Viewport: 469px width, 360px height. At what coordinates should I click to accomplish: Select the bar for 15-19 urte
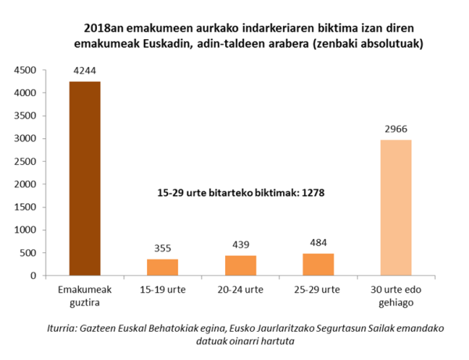(x=163, y=267)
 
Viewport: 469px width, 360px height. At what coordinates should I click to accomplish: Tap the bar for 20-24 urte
(x=241, y=266)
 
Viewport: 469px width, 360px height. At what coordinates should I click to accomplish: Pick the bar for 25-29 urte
(x=318, y=265)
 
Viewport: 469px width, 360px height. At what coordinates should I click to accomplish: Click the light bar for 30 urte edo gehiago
(x=396, y=208)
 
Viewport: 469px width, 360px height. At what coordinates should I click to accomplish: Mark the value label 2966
(x=396, y=130)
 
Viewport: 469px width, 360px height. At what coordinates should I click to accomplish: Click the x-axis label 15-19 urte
(x=163, y=289)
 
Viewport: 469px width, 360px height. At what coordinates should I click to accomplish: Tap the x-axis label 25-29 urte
(x=318, y=289)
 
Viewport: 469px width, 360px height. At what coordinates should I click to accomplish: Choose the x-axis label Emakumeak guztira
(x=84, y=294)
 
